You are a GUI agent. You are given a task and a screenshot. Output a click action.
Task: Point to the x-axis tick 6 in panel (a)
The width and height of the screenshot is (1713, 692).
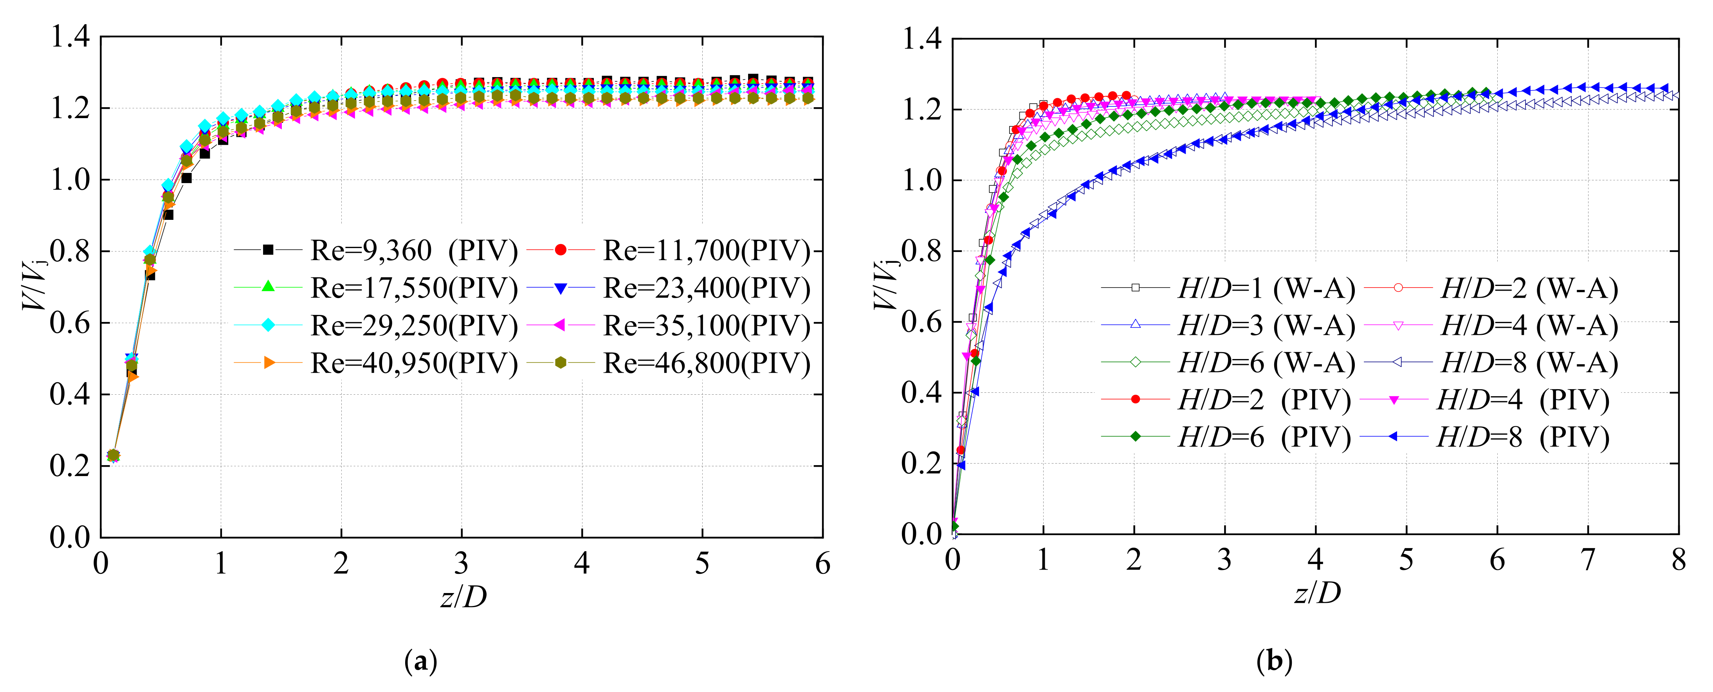pyautogui.click(x=822, y=564)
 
